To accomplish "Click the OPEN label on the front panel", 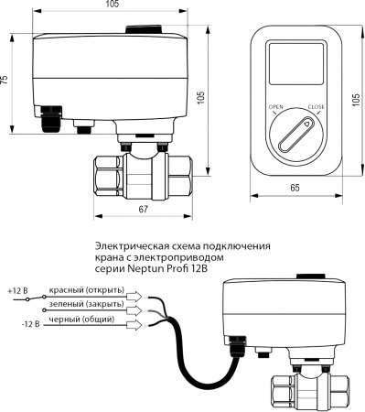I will click(x=274, y=107).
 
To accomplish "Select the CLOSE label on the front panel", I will click(x=316, y=107).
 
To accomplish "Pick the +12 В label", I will click(x=18, y=290).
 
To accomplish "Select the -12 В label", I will click(x=19, y=321).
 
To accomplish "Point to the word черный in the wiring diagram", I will click(x=66, y=321).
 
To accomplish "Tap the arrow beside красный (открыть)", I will click(x=134, y=295).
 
